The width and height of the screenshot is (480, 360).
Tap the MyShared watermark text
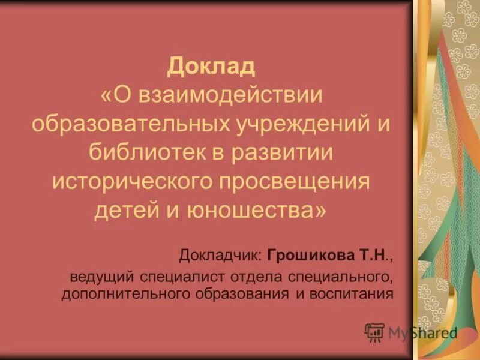(422, 332)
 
